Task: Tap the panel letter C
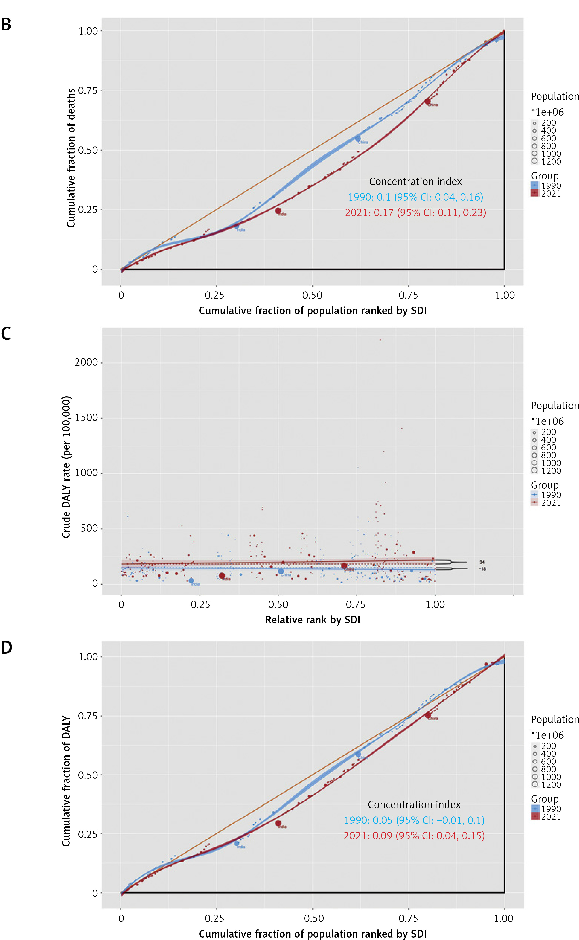[x=6, y=334]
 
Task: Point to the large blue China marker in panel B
[x=358, y=139]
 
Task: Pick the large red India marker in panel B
[x=278, y=211]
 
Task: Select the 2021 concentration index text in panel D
[x=414, y=835]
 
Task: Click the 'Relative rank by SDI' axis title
[x=312, y=620]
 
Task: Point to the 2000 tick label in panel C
[x=86, y=362]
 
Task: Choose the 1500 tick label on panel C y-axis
[x=86, y=418]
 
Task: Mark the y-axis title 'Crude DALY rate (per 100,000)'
[x=66, y=467]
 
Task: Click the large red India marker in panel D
[x=278, y=823]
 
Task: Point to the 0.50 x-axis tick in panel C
[x=278, y=605]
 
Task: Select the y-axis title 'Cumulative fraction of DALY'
[x=66, y=781]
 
